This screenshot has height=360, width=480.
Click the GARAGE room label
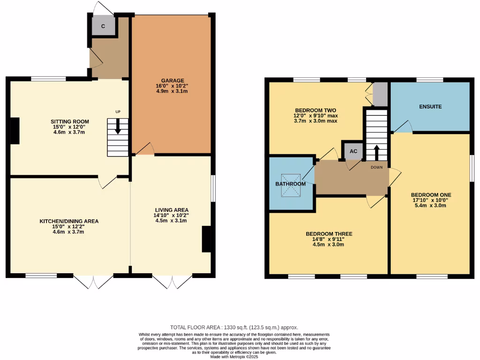coord(173,80)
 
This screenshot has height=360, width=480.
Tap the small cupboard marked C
coord(103,26)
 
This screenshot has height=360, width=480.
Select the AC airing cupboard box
coord(353,151)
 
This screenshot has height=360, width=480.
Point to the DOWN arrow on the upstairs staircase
coord(376,152)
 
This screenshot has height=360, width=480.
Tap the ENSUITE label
coord(430,106)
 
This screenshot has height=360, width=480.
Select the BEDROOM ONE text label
coord(429,195)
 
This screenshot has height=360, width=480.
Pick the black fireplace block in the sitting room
coord(15,131)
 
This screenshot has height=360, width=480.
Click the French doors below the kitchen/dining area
coord(94,281)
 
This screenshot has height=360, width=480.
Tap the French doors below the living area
coord(172,281)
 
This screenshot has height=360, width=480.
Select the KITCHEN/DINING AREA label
coord(69,221)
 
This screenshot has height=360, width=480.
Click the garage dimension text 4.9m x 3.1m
coord(173,91)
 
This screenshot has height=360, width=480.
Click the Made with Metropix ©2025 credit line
coord(234,357)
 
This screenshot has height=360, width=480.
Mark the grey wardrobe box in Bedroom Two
coord(381,94)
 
